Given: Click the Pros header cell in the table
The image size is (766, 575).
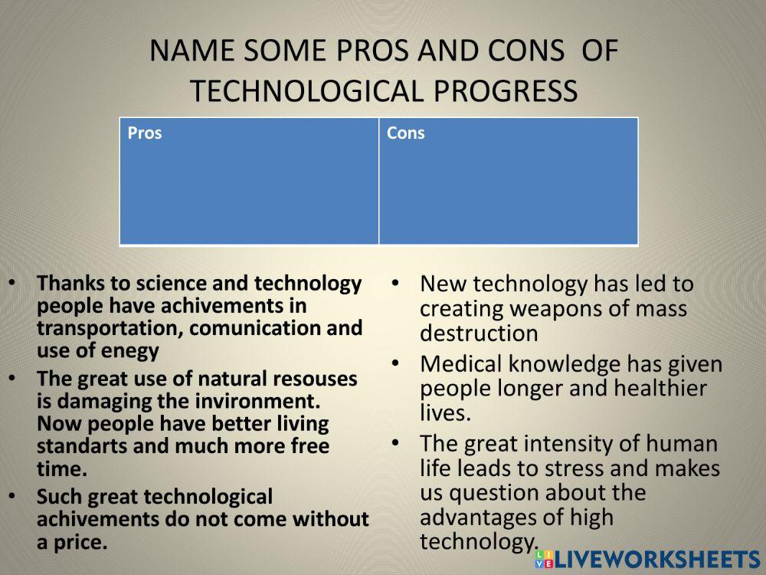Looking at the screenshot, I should (145, 133).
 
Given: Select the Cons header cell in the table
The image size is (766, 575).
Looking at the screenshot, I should (405, 133).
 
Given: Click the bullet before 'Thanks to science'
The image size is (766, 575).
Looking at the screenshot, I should (12, 283).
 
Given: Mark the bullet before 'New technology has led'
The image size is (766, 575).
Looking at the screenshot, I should (394, 283).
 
